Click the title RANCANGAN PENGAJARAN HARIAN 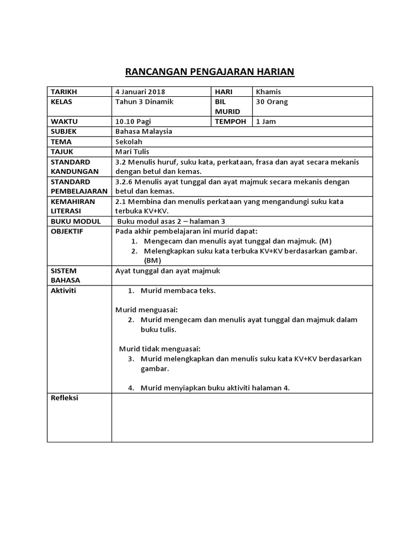coord(210,72)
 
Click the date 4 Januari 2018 coord(141,92)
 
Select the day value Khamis coord(268,92)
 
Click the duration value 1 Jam coord(266,121)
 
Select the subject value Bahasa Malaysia coord(144,132)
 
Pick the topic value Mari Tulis coord(132,151)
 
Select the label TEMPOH coord(230,121)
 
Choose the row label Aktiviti coord(63,290)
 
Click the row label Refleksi coord(65,398)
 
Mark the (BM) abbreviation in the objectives coord(153,261)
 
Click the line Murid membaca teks coord(178,290)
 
